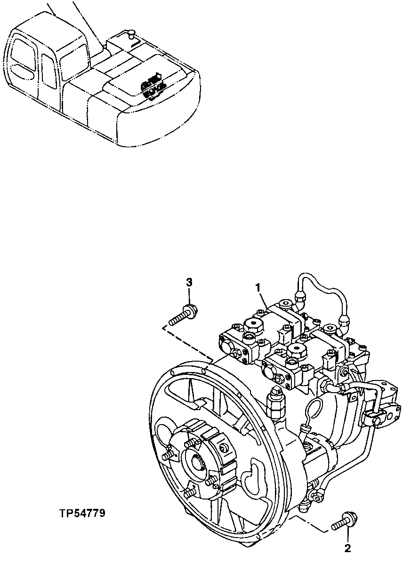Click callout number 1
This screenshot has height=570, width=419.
coord(258,286)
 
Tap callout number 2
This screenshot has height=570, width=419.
coord(347,548)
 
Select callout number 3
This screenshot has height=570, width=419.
coord(189,282)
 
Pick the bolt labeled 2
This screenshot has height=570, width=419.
coord(344,521)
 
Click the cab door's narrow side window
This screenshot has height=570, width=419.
coord(48,71)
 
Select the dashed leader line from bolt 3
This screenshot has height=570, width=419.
coord(188,340)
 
